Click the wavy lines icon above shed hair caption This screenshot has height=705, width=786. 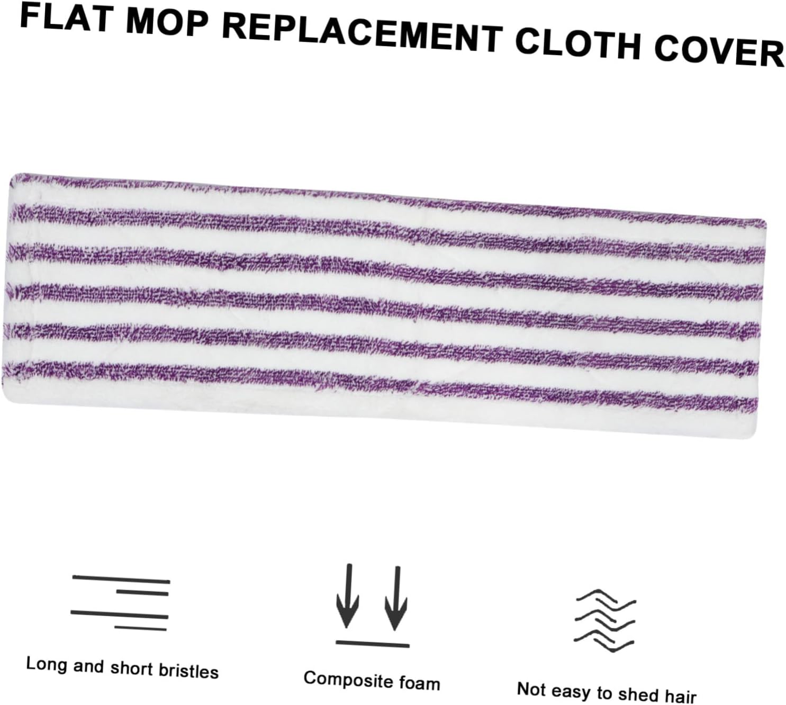tap(605, 620)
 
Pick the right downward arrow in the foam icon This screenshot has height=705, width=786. tap(396, 599)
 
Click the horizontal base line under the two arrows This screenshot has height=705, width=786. tap(372, 644)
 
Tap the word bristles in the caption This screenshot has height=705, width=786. tap(188, 671)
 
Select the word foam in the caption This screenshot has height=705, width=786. tap(420, 683)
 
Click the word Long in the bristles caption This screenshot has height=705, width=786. tap(47, 664)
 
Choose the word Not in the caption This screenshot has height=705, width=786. tap(531, 689)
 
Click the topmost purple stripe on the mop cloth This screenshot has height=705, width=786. tap(386, 196)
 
